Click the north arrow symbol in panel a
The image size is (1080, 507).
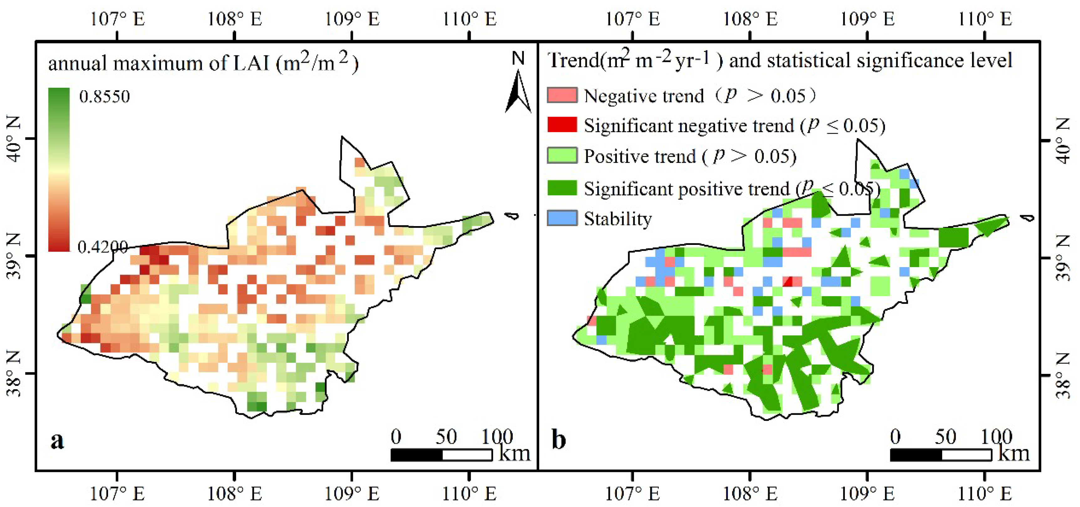coord(518,90)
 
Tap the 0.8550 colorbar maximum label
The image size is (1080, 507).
coord(104,97)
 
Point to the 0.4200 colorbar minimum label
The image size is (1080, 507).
coord(103,247)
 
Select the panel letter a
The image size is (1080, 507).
coord(57,440)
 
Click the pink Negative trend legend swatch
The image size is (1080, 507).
coord(562,95)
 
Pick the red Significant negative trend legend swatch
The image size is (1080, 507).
coord(562,125)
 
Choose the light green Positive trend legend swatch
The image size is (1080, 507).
coord(562,156)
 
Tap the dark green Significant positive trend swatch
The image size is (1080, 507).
coord(562,188)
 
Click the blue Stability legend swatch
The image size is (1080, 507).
coord(562,218)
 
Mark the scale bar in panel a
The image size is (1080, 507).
coord(441,455)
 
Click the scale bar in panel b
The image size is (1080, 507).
coord(940,455)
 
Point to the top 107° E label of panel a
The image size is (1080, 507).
coord(117,19)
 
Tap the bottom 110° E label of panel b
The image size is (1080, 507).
coord(984,494)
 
